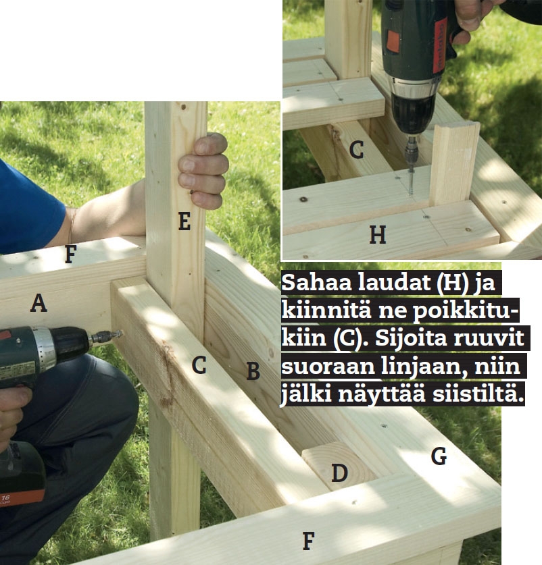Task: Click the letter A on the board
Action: (x=39, y=302)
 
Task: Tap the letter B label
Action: (x=253, y=371)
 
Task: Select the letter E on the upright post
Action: (x=184, y=221)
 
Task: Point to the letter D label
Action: (x=339, y=473)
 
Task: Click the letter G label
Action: (x=439, y=456)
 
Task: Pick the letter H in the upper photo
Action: (x=378, y=235)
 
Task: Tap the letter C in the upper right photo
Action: (x=357, y=150)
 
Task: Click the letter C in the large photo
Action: (x=199, y=365)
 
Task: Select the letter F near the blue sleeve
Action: (x=71, y=254)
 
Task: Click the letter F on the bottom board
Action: (x=309, y=541)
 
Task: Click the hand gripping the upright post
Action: (x=203, y=171)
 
